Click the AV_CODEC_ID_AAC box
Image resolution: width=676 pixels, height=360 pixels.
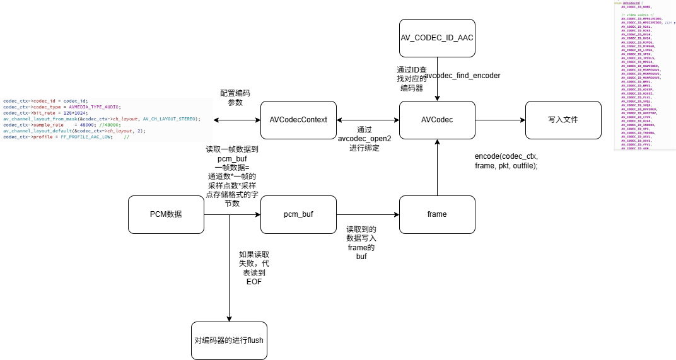click(437, 38)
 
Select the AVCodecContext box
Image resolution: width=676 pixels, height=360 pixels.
click(298, 120)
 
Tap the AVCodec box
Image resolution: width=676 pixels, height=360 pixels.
click(437, 120)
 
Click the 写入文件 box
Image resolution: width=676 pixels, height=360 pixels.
click(563, 120)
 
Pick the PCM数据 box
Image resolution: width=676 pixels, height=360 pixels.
click(166, 214)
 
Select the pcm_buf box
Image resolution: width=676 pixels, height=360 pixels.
click(298, 214)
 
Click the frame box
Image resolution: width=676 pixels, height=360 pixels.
click(437, 214)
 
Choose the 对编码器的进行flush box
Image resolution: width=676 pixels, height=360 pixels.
click(229, 340)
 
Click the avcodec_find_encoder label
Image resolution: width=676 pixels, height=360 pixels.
click(463, 76)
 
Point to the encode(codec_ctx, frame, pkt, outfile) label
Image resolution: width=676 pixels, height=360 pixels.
click(506, 160)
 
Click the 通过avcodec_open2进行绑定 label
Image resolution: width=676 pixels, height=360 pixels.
click(364, 138)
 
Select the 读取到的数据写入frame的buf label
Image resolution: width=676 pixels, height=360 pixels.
click(361, 243)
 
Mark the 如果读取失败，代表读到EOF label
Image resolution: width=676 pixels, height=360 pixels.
click(254, 268)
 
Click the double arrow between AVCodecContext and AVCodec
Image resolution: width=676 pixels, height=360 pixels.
click(368, 120)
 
